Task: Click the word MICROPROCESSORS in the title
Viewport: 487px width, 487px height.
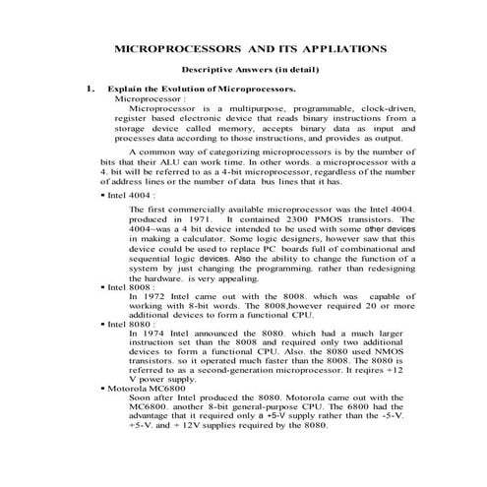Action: [x=176, y=47]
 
